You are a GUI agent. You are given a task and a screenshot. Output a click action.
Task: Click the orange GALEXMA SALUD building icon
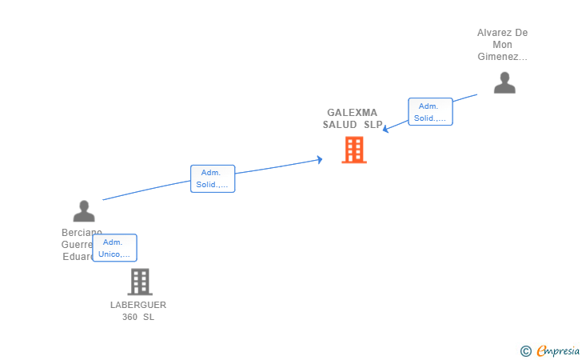353,150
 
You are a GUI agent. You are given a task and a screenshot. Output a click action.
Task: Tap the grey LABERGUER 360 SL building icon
139,282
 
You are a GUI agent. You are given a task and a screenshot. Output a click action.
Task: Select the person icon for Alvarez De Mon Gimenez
504,82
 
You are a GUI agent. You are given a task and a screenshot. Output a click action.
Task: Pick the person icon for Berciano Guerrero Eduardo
84,211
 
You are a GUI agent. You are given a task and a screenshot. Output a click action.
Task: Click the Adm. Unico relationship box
114,248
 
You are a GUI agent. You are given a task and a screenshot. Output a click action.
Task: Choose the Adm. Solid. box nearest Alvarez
430,112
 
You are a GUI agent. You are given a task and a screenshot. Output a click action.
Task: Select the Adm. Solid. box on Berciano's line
213,179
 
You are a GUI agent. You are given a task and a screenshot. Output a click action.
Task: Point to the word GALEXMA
352,113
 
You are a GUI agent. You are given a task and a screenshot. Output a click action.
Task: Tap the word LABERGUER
138,305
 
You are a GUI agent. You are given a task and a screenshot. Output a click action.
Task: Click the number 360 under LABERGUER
130,317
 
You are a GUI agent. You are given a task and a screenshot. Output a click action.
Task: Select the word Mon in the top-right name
503,45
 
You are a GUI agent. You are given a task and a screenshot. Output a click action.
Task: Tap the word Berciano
82,233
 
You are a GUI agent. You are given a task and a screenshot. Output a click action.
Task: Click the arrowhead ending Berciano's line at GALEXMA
320,160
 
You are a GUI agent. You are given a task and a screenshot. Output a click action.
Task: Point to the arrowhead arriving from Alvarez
385,129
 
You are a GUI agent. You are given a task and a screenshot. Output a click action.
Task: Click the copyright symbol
525,350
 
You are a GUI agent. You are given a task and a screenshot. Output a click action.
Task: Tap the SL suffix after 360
148,317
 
